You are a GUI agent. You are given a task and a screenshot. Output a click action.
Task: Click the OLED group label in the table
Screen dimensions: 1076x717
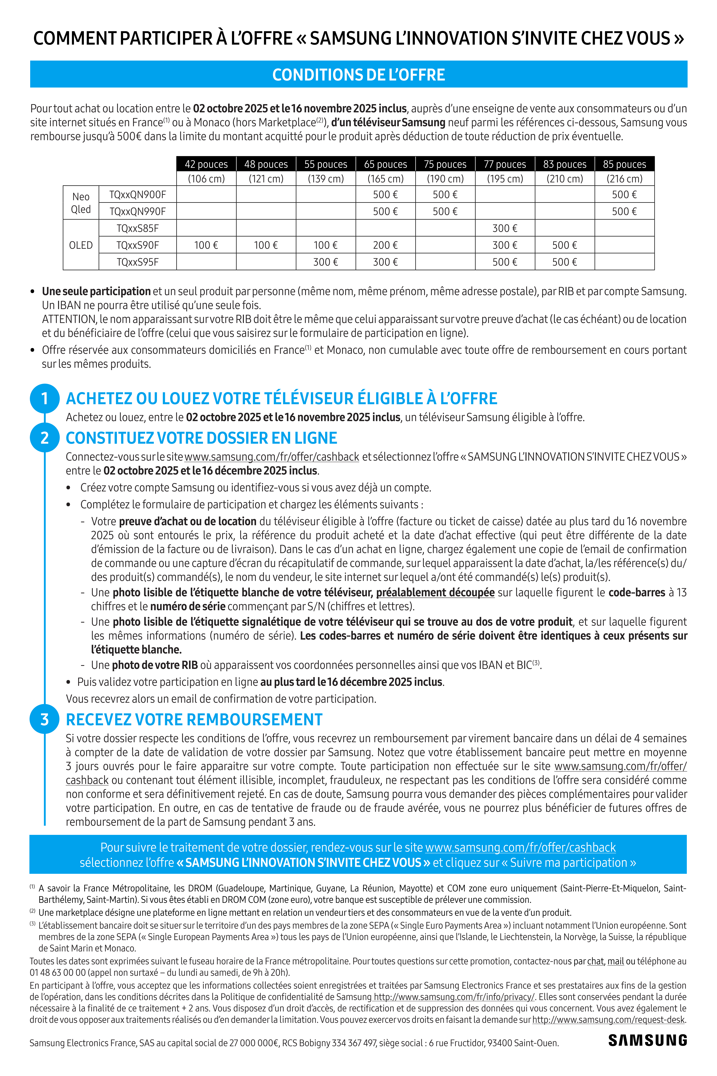[81, 245]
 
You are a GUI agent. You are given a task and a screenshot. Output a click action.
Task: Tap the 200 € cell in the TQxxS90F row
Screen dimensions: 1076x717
[385, 245]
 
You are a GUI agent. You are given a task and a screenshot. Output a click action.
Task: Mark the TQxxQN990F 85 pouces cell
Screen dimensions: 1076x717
[624, 211]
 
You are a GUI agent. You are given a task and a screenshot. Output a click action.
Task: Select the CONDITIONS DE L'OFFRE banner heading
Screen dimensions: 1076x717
[358, 75]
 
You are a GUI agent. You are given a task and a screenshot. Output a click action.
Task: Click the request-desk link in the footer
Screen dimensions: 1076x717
[608, 1019]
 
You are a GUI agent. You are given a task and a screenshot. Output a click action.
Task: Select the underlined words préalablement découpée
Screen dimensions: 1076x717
[435, 592]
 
